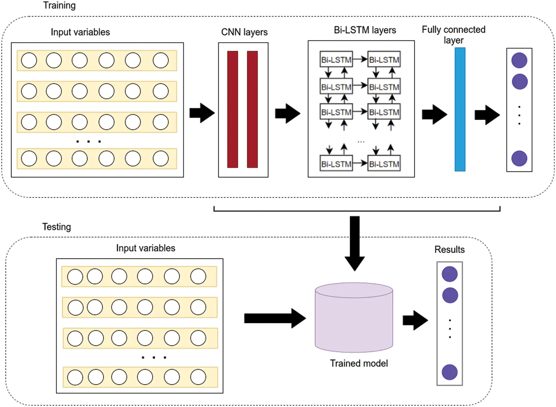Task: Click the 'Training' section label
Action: click(x=59, y=6)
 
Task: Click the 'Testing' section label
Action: click(x=56, y=227)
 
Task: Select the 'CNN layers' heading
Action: click(x=244, y=32)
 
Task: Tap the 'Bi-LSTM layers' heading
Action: click(x=365, y=30)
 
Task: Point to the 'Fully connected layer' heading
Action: click(x=453, y=34)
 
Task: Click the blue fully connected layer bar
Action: click(x=460, y=109)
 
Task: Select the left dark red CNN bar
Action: click(x=232, y=109)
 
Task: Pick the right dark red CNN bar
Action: click(x=252, y=109)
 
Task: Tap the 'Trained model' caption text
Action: click(x=359, y=363)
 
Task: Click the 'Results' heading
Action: click(x=449, y=250)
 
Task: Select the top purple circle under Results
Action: click(x=450, y=274)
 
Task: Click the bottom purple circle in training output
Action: click(x=519, y=159)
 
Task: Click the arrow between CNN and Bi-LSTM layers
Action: click(x=288, y=113)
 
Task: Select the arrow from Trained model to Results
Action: click(x=415, y=320)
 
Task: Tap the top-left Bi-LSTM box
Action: click(x=336, y=60)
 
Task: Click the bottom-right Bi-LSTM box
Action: click(x=384, y=164)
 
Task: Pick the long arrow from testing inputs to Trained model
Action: click(x=275, y=318)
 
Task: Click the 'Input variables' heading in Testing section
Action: click(x=145, y=248)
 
